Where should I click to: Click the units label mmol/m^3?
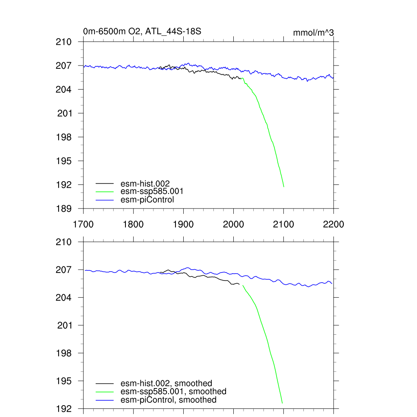(x=314, y=33)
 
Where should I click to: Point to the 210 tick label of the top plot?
(x=64, y=42)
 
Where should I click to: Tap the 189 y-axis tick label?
(x=64, y=208)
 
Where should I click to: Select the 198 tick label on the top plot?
(x=64, y=137)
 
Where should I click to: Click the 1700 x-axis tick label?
(x=83, y=224)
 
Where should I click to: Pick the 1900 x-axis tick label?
(x=183, y=224)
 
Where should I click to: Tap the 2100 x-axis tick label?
(x=283, y=224)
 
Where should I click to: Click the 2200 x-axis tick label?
(x=333, y=224)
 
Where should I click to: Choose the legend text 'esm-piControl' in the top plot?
(x=147, y=200)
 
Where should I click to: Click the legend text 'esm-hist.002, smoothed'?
(x=166, y=383)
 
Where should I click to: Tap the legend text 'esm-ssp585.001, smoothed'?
(x=173, y=391)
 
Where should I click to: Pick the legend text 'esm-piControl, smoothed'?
(x=169, y=400)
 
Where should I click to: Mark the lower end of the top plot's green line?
(x=284, y=187)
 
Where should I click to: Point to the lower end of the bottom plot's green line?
(x=282, y=403)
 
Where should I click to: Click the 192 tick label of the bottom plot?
(x=64, y=408)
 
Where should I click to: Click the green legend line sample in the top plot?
(x=105, y=192)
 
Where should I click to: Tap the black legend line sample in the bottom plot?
(x=105, y=384)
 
